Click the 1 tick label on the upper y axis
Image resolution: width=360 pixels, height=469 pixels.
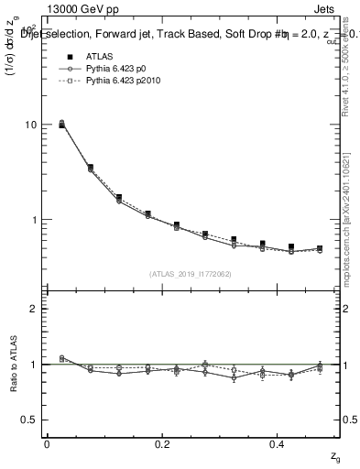click(x=35, y=220)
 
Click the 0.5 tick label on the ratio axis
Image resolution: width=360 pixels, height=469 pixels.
click(x=30, y=420)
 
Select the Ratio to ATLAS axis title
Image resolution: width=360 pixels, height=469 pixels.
click(x=13, y=364)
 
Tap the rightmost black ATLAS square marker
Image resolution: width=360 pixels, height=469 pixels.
click(x=319, y=248)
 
